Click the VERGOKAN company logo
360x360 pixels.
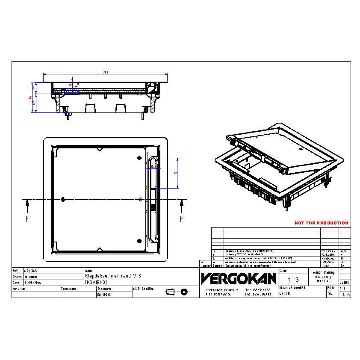pyautogui.click(x=239, y=278)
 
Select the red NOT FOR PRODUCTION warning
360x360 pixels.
pyautogui.click(x=321, y=223)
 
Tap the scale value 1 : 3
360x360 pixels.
pyautogui.click(x=293, y=280)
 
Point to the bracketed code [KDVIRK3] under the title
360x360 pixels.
pyautogui.click(x=96, y=282)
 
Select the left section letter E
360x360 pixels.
pyautogui.click(x=27, y=219)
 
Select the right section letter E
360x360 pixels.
pyautogui.click(x=182, y=219)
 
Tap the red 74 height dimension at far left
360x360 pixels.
pyautogui.click(x=31, y=98)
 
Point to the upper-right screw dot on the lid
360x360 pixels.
pyautogui.click(x=139, y=158)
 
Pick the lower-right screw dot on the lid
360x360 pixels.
pyautogui.click(x=139, y=240)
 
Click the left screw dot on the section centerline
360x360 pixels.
pyautogui.click(x=63, y=199)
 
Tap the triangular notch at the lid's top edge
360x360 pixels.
pyautogui.click(x=99, y=150)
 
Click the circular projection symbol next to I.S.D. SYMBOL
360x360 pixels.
pyautogui.click(x=184, y=292)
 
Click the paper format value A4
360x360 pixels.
pyautogui.click(x=330, y=294)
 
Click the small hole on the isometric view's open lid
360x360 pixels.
pyautogui.click(x=301, y=150)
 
